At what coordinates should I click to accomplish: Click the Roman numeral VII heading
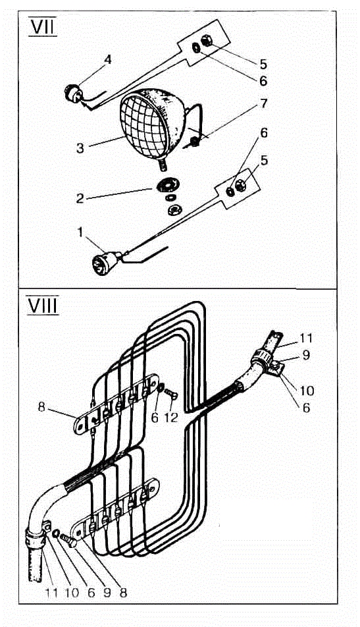[43, 27]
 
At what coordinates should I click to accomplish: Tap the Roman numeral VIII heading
[43, 306]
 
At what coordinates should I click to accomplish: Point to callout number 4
[107, 59]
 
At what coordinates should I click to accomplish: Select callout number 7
[263, 103]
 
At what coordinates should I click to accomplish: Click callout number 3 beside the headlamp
[80, 148]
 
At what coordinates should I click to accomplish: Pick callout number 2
[80, 198]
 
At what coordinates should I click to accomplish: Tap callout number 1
[80, 232]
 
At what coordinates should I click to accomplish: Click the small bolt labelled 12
[171, 393]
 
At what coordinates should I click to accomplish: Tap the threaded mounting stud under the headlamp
[164, 165]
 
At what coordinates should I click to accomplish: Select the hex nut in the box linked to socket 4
[207, 40]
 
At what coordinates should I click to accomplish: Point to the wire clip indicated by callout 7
[194, 141]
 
